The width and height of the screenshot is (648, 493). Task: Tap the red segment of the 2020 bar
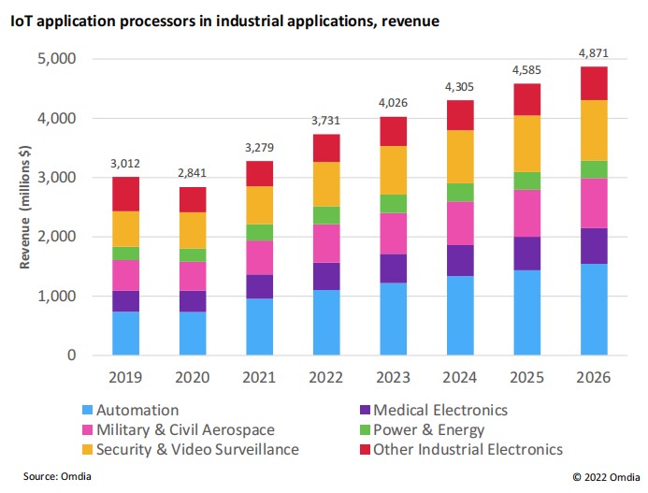point(194,199)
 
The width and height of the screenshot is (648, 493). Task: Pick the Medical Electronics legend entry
point(439,410)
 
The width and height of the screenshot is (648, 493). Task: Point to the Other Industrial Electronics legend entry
point(468,450)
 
